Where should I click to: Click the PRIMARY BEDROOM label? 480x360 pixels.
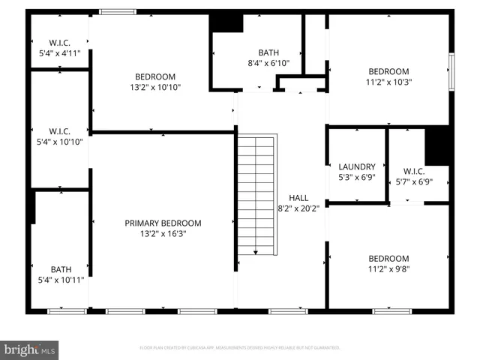coord(163,223)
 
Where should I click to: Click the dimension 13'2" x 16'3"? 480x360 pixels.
coord(163,233)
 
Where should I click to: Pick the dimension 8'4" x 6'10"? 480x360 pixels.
coord(268,63)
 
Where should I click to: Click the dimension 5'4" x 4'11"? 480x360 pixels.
coord(59,53)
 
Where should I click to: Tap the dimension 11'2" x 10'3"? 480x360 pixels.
coord(388,82)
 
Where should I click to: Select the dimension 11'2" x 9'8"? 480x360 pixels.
coord(388,268)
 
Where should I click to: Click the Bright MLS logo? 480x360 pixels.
coord(30,349)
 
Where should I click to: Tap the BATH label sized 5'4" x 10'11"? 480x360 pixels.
coord(61,269)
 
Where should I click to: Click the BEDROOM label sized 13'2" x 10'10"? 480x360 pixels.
coord(155,76)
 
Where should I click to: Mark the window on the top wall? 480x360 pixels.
coord(118,11)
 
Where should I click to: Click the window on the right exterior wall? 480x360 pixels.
coord(451,71)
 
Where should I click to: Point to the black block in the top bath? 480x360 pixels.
coord(226,23)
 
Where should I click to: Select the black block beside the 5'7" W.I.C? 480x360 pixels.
coord(437,146)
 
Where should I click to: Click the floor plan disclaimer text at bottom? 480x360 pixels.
coord(240,348)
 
